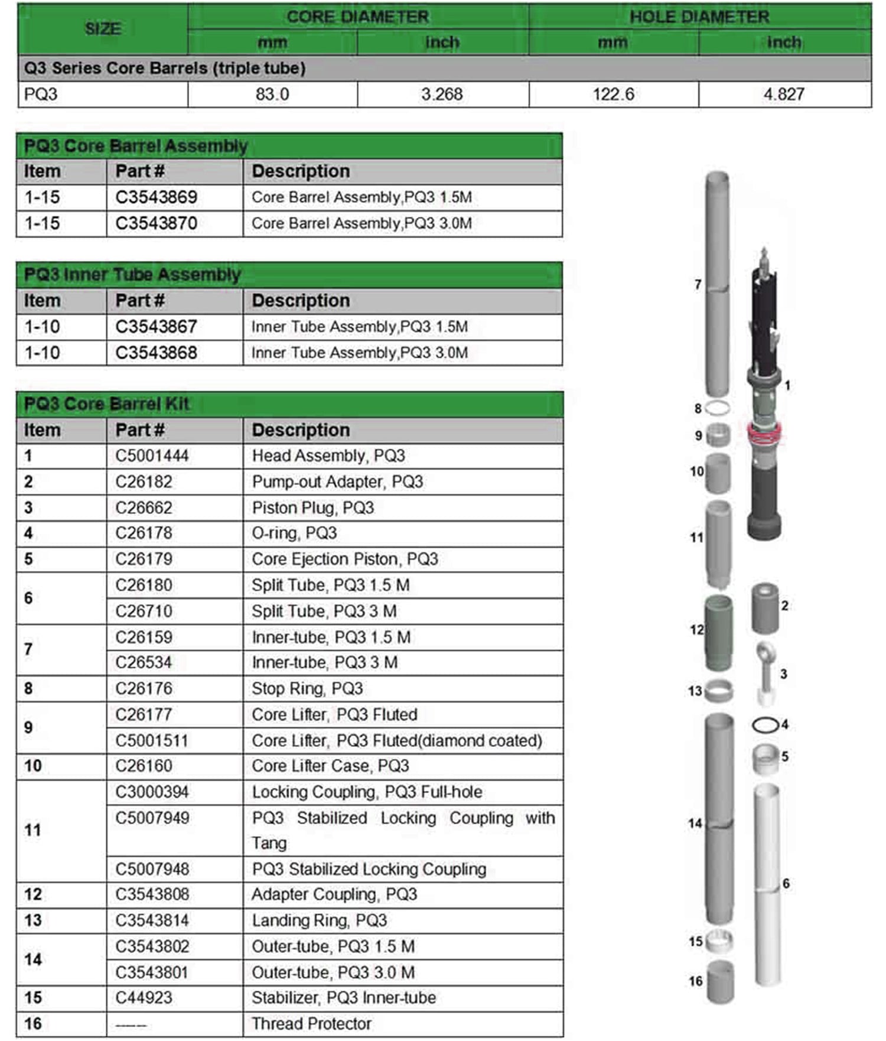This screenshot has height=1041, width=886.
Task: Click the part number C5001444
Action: click(152, 456)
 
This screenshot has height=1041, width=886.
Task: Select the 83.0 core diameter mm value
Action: click(272, 94)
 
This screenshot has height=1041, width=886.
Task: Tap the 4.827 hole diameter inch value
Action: click(784, 94)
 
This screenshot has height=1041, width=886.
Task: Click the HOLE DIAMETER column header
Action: click(699, 17)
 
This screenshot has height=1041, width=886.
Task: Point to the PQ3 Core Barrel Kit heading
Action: click(106, 404)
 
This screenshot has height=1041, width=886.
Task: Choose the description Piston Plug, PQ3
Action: click(312, 508)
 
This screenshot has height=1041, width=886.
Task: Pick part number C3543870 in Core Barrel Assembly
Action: click(156, 223)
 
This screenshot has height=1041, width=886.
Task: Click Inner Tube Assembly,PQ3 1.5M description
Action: click(359, 327)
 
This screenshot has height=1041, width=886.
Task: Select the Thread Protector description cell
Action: click(311, 1023)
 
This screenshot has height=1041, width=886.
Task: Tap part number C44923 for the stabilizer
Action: click(144, 997)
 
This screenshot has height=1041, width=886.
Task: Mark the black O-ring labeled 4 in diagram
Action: click(765, 724)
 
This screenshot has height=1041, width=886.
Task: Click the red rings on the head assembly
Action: click(764, 434)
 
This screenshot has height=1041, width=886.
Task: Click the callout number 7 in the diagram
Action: click(698, 284)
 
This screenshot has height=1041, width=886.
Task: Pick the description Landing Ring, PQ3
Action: click(319, 920)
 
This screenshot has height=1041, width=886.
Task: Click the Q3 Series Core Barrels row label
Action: click(165, 69)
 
